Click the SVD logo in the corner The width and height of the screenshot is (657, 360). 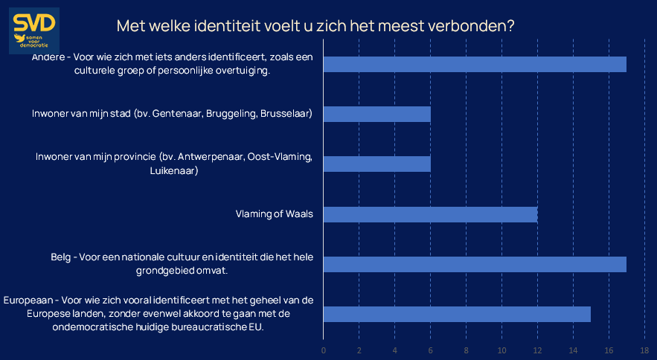(33, 31)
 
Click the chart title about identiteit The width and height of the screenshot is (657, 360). (315, 25)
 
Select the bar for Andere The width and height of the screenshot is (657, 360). (475, 64)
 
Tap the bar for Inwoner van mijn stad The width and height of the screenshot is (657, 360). (377, 114)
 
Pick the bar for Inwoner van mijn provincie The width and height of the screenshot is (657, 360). (377, 164)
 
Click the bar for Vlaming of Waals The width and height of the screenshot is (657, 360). (430, 214)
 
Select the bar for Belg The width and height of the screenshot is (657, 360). (475, 264)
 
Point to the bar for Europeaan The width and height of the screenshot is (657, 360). (457, 314)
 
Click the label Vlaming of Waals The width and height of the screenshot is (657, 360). (274, 214)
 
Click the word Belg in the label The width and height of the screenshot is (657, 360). (60, 257)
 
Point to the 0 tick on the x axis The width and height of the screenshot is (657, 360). (324, 350)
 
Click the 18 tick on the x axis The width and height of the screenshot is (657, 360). (644, 350)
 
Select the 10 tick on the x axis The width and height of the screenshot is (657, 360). (501, 350)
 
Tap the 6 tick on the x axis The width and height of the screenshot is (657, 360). (430, 350)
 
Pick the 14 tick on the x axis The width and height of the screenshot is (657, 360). (573, 350)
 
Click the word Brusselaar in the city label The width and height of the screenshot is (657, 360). (286, 114)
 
